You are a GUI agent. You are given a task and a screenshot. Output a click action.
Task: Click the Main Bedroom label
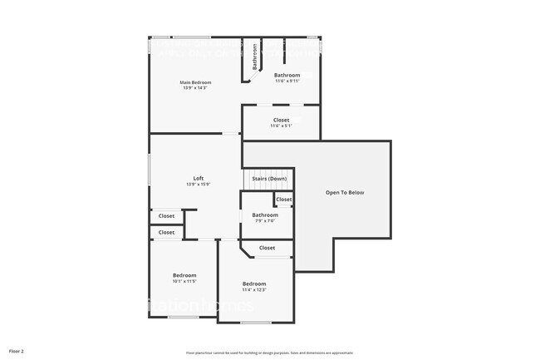click(x=196, y=82)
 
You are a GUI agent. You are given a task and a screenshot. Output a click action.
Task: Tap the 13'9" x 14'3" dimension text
click(x=196, y=88)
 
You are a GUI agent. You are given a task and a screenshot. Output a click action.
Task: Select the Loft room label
click(x=199, y=178)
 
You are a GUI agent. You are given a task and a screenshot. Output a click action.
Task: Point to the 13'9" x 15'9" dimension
click(x=199, y=184)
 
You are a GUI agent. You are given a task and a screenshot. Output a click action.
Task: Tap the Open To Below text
click(x=344, y=193)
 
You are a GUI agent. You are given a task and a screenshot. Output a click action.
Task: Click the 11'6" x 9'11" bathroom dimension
click(x=287, y=81)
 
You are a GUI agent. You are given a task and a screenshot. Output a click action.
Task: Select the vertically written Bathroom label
click(x=254, y=57)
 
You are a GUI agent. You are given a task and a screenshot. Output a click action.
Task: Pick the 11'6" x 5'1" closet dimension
click(x=281, y=126)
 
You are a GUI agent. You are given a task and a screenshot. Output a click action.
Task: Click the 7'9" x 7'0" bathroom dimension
click(x=264, y=221)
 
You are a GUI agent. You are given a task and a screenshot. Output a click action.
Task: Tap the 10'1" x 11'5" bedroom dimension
click(x=184, y=281)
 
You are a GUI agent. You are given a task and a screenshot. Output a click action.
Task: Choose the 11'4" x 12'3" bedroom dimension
click(x=254, y=290)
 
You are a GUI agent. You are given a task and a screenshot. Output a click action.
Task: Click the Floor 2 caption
click(x=17, y=352)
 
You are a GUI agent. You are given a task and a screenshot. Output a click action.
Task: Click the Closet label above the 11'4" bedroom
click(x=268, y=248)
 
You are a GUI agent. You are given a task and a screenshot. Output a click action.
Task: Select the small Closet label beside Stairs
click(x=284, y=200)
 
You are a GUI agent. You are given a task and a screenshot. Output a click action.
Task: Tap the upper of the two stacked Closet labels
click(x=167, y=216)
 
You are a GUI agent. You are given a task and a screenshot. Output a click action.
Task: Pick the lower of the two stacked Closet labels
click(x=167, y=233)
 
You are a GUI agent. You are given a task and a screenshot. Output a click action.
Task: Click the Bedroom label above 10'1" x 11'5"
click(x=184, y=275)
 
